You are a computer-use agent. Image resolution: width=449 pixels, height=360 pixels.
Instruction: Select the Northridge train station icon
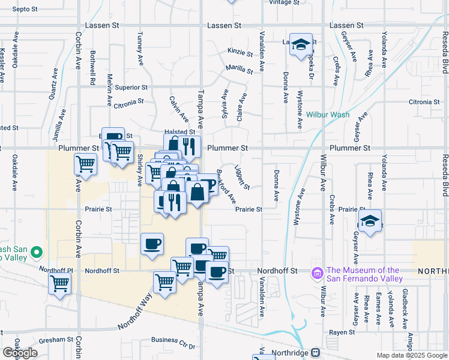[316, 353]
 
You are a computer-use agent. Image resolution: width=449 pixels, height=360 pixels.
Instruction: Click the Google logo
[20, 353]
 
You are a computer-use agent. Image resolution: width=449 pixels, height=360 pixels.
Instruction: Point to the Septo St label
[25, 10]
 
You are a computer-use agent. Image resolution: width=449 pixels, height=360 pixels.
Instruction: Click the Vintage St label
[284, 2]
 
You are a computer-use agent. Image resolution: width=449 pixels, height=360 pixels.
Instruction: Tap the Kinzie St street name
[241, 52]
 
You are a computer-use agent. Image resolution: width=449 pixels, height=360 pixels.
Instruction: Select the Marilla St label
[238, 69]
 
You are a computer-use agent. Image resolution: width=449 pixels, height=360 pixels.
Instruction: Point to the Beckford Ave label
[226, 188]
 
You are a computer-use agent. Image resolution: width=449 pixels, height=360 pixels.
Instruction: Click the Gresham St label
[56, 340]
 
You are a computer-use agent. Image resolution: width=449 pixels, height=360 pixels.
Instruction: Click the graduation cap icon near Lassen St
[301, 45]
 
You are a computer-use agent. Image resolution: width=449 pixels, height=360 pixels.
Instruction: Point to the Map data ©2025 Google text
[411, 355]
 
